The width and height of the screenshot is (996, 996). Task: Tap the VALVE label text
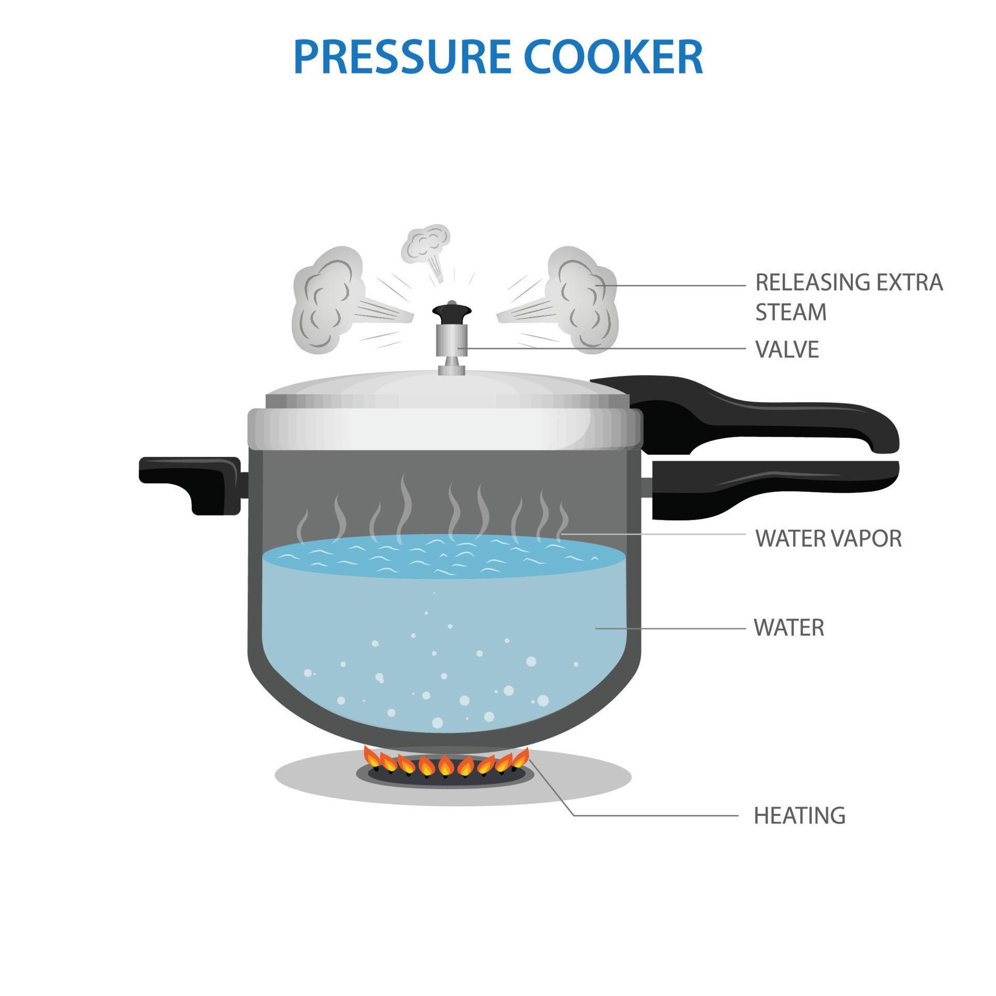(787, 350)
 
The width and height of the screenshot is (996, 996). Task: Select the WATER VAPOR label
(828, 539)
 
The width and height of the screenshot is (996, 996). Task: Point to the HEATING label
(799, 815)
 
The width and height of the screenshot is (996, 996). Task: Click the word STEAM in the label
(791, 312)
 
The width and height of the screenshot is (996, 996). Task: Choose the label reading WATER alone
(789, 628)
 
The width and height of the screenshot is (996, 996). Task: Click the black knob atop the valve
(452, 313)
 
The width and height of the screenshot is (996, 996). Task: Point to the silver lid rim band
(445, 429)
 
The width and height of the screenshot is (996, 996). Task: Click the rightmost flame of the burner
(520, 758)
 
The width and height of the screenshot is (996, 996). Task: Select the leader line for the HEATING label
(648, 815)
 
